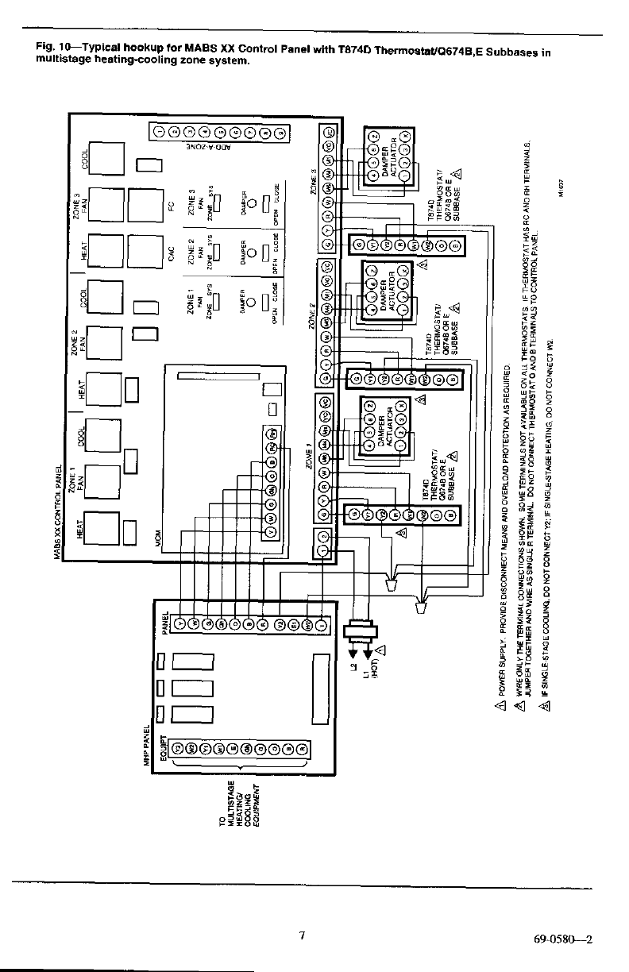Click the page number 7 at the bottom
(x=302, y=935)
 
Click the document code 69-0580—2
(x=565, y=938)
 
